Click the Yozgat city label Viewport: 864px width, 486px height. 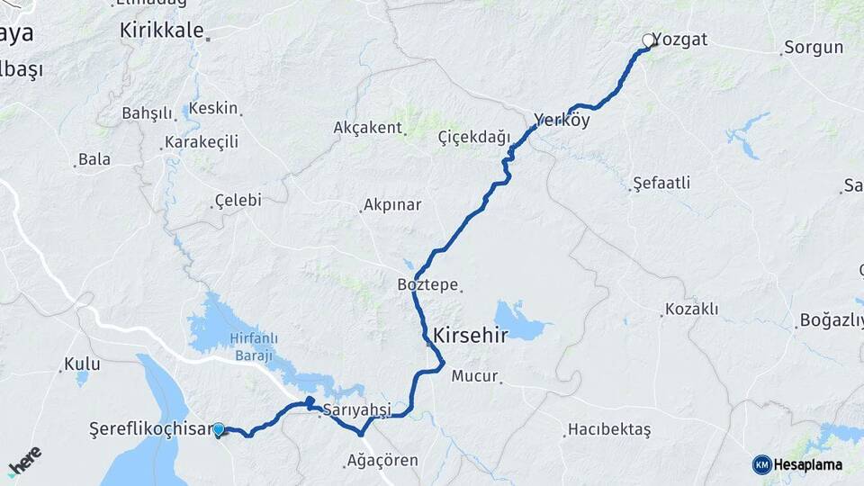[x=680, y=40]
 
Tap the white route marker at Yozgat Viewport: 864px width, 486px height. [x=648, y=40]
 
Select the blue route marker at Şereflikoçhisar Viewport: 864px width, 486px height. [x=218, y=430]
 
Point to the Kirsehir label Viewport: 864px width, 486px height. [x=471, y=336]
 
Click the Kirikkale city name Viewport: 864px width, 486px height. [x=163, y=30]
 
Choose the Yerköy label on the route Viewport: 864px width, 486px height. [x=562, y=120]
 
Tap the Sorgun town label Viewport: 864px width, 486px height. [x=814, y=48]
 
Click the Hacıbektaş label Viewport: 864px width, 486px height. [x=609, y=430]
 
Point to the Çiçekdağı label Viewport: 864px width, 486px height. [x=473, y=136]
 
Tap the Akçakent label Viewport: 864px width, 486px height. [x=367, y=128]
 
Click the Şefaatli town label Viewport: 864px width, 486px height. [x=661, y=183]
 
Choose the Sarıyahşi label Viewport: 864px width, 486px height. [x=357, y=409]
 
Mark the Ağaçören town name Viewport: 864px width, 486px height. [x=382, y=460]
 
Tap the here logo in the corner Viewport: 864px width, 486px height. [x=24, y=461]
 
